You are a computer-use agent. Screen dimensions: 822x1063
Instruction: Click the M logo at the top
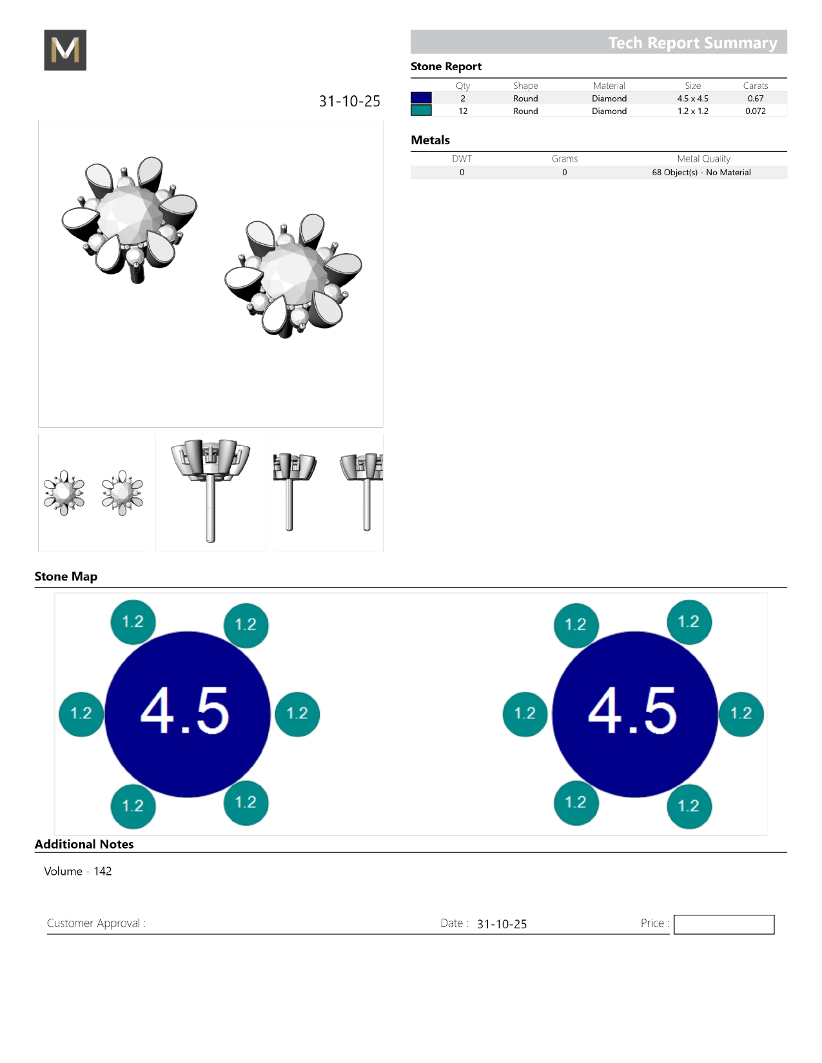click(65, 50)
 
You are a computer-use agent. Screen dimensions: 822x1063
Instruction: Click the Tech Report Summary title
click(692, 43)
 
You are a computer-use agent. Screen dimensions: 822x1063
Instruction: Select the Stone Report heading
click(445, 66)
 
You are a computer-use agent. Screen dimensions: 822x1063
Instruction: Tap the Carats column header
click(755, 86)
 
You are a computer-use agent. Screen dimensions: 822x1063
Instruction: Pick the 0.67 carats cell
click(755, 99)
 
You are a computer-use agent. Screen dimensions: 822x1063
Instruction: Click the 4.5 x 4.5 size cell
click(692, 99)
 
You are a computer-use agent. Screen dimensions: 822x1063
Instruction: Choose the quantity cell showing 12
click(463, 111)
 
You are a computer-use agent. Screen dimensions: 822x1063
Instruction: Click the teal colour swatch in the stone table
click(421, 111)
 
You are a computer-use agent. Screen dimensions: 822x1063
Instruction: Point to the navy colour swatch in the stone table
click(421, 98)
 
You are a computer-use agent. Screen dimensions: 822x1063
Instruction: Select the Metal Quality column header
click(703, 158)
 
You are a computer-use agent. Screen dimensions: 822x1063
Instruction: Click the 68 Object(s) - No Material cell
click(701, 172)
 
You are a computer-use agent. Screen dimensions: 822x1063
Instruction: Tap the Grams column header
click(565, 158)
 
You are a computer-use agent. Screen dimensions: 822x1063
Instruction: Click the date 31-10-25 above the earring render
click(349, 101)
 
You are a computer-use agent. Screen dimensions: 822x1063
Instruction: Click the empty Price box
click(723, 924)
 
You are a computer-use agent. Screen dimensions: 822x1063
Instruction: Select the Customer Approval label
click(96, 923)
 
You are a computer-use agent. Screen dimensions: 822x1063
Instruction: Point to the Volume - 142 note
click(78, 871)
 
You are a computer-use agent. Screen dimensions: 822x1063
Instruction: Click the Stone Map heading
click(66, 576)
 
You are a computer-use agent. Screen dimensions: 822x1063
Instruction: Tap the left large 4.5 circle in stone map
click(187, 714)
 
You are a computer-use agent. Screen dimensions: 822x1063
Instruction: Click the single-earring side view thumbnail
click(211, 493)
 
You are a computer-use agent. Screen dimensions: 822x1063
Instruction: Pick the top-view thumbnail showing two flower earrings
click(93, 493)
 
